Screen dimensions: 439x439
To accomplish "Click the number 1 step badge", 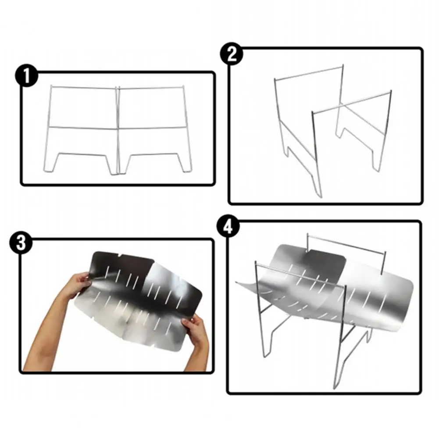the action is point(27,76).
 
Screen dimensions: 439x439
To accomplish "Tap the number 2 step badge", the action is point(232,54).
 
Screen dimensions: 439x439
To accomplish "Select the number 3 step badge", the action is point(21,243).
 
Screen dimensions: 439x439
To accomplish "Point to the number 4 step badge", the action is point(228,227).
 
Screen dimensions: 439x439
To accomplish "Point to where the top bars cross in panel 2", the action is point(341,105).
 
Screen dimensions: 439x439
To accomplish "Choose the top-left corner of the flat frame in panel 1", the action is point(51,86).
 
